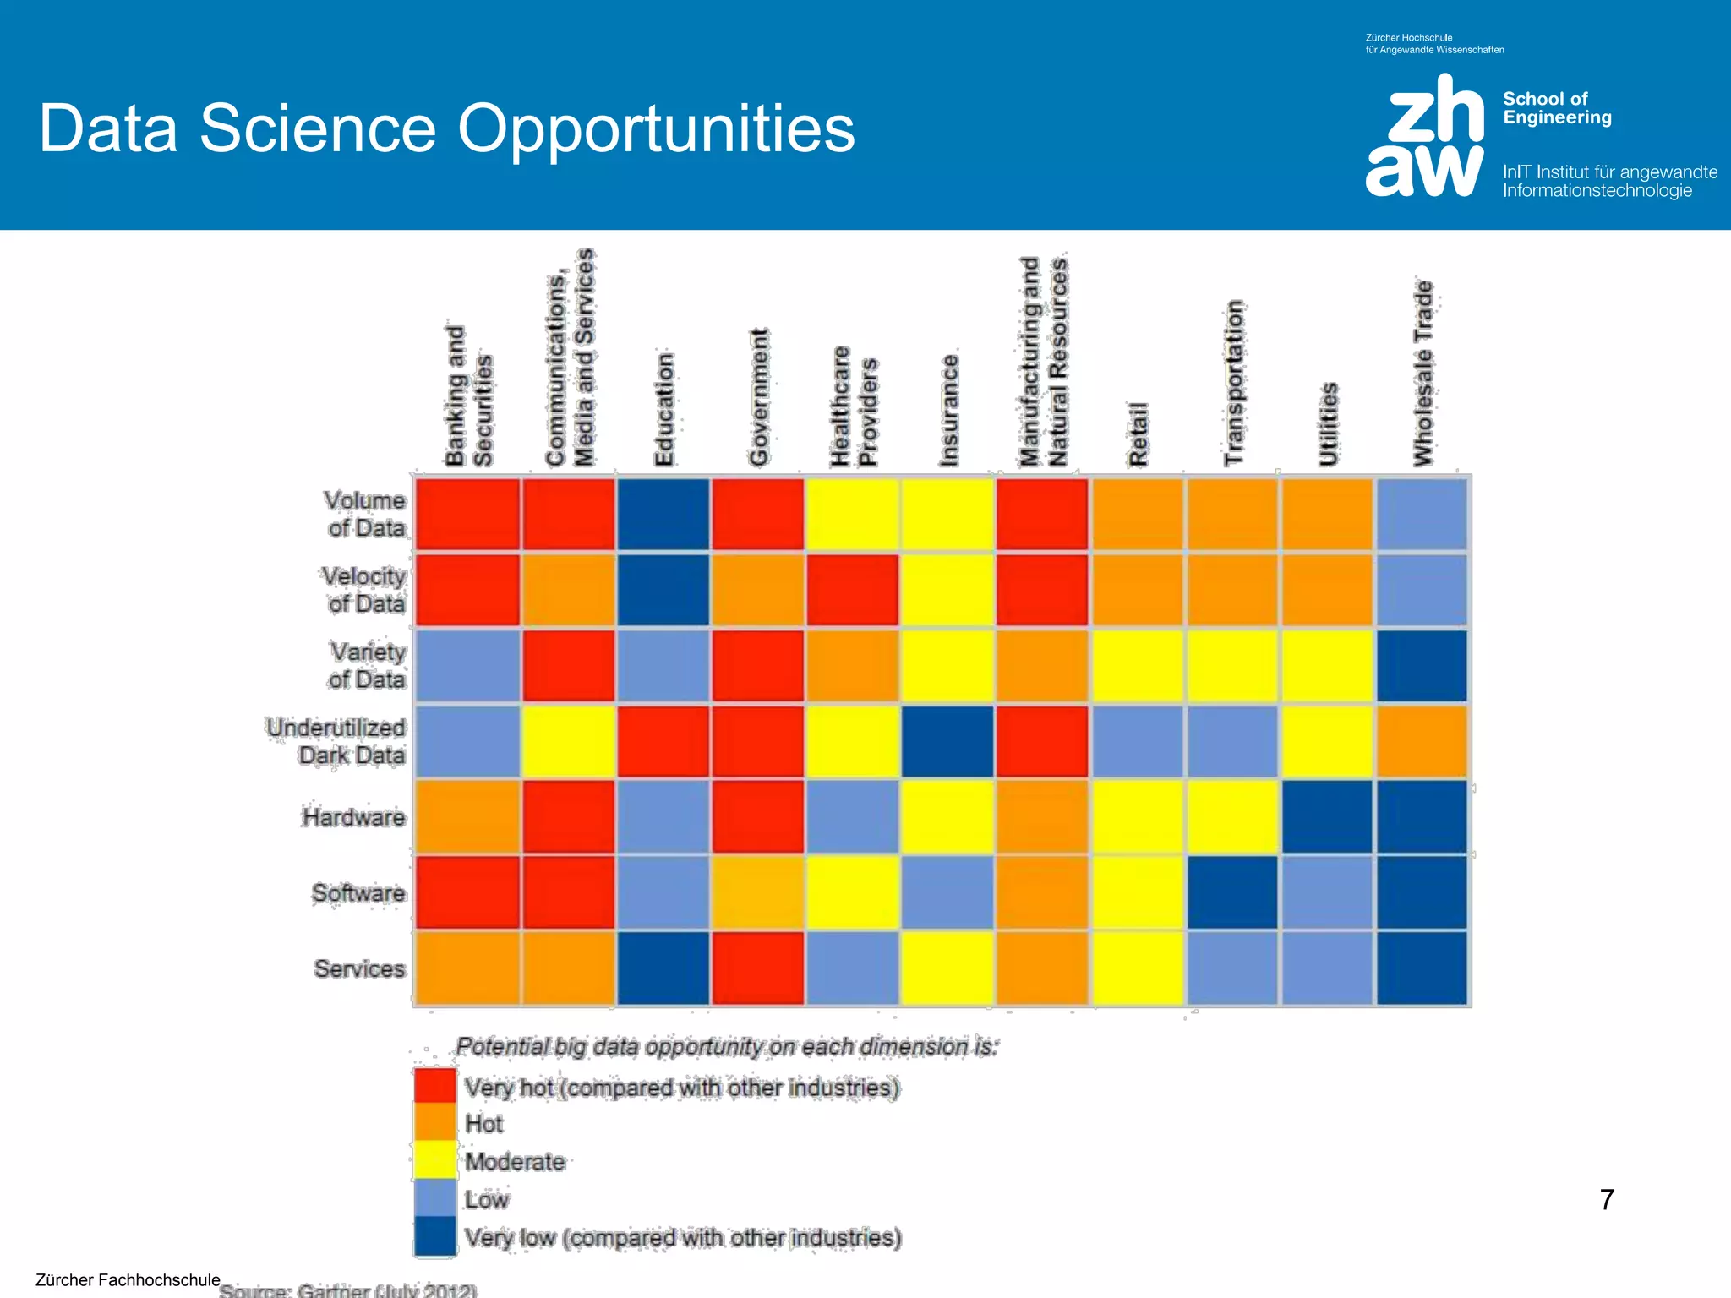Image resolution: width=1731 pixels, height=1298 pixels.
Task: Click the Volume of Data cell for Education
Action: point(663,515)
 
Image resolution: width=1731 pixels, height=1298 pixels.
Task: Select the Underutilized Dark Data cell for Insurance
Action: point(947,741)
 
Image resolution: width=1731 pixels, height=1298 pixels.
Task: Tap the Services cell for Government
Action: point(758,968)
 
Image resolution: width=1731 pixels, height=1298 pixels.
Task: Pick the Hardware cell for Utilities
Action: point(1327,817)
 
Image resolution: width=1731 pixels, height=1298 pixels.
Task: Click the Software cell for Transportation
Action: point(1232,892)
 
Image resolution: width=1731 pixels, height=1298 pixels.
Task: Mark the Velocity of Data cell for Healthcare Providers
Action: point(853,590)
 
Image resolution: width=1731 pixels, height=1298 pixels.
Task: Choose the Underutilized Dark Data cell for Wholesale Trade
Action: point(1422,741)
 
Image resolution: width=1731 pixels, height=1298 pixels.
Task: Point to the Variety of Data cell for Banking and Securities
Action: point(467,666)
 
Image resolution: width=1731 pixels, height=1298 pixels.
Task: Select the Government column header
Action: point(758,397)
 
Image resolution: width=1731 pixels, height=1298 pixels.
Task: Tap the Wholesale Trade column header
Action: point(1423,374)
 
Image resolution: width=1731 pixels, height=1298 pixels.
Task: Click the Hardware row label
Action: point(354,817)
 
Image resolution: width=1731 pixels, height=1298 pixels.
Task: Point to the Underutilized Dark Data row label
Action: point(336,741)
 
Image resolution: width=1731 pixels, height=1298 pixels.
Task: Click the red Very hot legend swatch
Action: point(434,1086)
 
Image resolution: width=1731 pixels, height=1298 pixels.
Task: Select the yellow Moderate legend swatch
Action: point(434,1160)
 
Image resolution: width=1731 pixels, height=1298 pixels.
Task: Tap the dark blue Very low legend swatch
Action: point(434,1236)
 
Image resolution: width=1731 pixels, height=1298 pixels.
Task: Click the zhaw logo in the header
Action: point(1425,135)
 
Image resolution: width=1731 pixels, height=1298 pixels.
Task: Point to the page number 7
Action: point(1607,1199)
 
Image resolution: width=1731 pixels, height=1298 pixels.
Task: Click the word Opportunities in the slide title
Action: point(656,128)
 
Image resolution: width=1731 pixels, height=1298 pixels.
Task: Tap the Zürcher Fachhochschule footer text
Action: point(128,1279)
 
